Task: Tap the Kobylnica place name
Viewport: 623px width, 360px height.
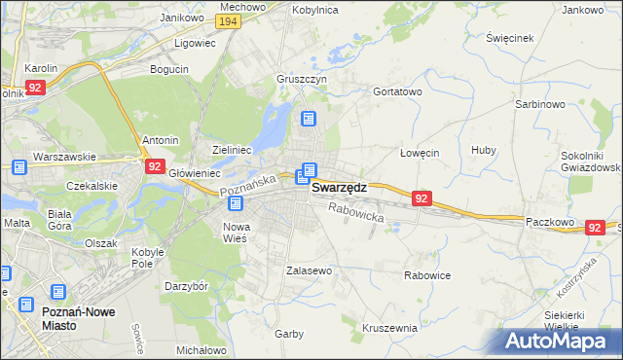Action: pos(315,9)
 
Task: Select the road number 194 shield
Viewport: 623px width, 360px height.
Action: pos(229,21)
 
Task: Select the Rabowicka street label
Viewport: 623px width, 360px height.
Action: pos(355,212)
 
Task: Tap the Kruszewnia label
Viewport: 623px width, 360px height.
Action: pos(389,328)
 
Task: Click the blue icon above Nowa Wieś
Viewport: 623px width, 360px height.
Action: pos(238,204)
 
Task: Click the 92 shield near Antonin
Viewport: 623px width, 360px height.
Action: pos(154,166)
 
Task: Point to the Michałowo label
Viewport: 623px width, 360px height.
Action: pos(202,349)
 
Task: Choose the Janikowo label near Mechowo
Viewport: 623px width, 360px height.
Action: pos(182,18)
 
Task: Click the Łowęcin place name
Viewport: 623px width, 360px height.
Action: pos(421,153)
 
